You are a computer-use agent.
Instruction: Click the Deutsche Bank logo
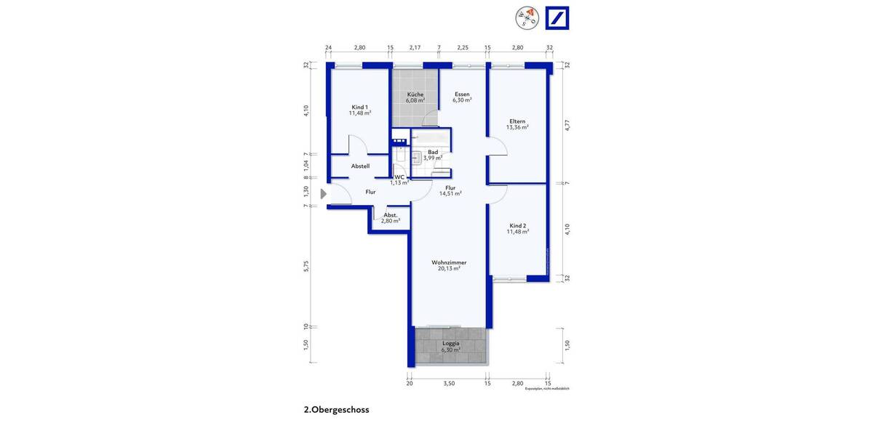(x=557, y=18)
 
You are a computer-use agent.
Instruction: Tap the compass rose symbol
(x=526, y=18)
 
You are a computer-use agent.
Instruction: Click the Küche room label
(x=415, y=94)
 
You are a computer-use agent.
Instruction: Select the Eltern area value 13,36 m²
(x=517, y=127)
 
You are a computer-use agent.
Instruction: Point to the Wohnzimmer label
(x=449, y=262)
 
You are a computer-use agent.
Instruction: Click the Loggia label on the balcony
(x=451, y=344)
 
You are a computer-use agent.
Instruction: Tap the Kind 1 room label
(x=359, y=107)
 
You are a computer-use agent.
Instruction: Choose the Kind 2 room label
(x=518, y=225)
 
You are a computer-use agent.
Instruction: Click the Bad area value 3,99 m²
(x=433, y=158)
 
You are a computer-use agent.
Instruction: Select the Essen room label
(x=462, y=94)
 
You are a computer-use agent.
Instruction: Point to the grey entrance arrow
(x=324, y=193)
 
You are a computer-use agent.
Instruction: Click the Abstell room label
(x=360, y=166)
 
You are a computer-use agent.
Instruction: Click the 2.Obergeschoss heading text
(x=336, y=410)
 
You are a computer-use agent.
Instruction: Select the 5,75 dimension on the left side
(x=307, y=266)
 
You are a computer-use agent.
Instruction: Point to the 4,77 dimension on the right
(x=567, y=124)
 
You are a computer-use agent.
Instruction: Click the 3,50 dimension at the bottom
(x=449, y=383)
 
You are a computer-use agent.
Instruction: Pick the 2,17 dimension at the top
(x=415, y=47)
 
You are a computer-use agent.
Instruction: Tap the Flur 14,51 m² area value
(x=450, y=194)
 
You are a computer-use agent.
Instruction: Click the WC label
(x=399, y=177)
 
